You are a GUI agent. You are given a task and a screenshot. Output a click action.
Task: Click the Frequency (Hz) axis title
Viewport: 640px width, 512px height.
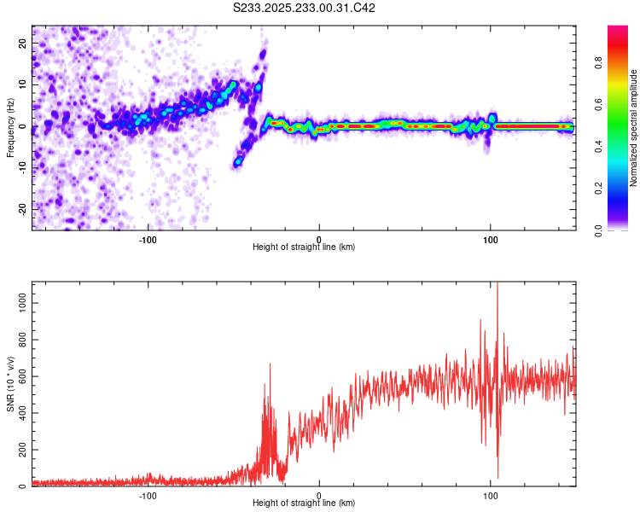(x=10, y=127)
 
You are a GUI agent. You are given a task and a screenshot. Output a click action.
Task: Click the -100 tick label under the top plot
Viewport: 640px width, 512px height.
(x=148, y=238)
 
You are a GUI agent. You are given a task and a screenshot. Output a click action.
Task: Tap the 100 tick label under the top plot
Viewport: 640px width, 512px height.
(x=491, y=238)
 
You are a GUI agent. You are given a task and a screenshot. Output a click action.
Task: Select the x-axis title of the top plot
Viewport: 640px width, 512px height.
(x=304, y=247)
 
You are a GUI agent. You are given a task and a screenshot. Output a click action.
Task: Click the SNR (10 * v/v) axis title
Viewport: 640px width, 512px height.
(x=10, y=384)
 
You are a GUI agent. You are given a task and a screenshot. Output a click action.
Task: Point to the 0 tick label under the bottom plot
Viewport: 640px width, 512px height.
(x=319, y=494)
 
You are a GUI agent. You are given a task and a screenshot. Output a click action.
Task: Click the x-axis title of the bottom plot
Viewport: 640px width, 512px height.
(x=304, y=503)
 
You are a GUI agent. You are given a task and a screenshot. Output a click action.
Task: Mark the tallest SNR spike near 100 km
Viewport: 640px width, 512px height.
(x=497, y=287)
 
